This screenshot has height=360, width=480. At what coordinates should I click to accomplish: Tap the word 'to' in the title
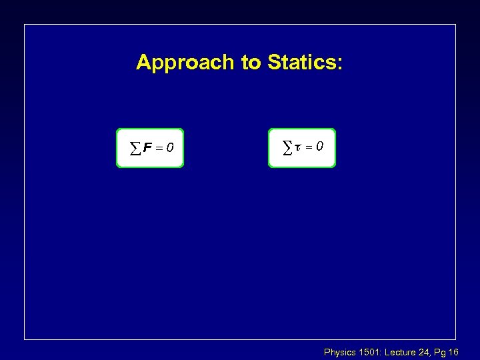pyautogui.click(x=251, y=63)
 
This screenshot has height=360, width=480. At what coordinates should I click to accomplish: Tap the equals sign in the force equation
pyautogui.click(x=160, y=147)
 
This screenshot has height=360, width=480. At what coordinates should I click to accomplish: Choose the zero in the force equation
pyautogui.click(x=171, y=147)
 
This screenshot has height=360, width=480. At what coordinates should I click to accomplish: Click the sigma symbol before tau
pyautogui.click(x=288, y=145)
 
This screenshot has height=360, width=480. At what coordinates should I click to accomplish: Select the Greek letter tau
pyautogui.click(x=299, y=145)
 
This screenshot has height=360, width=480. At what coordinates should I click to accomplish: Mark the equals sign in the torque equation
pyautogui.click(x=311, y=145)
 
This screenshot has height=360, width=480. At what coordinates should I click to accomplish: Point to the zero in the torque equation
pyautogui.click(x=321, y=145)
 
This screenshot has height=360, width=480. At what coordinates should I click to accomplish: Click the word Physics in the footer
pyautogui.click(x=339, y=351)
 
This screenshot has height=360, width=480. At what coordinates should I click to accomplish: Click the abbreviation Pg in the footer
pyautogui.click(x=441, y=352)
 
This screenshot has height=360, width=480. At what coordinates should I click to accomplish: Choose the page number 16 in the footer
pyautogui.click(x=454, y=351)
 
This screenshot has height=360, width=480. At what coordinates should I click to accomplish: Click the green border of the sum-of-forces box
pyautogui.click(x=117, y=147)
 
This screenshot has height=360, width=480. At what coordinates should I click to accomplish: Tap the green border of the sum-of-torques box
pyautogui.click(x=269, y=147)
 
